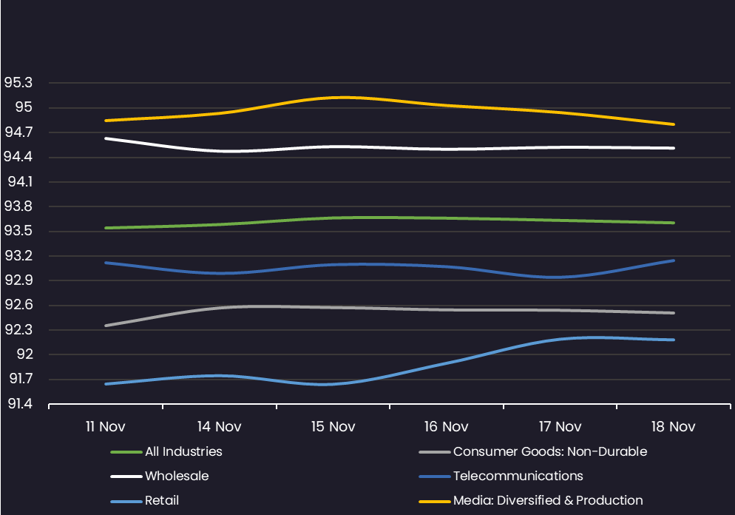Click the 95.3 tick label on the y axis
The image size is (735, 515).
(x=19, y=83)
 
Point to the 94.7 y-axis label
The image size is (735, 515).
(x=19, y=132)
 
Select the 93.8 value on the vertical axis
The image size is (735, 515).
(x=19, y=206)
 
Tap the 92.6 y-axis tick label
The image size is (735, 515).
(x=19, y=306)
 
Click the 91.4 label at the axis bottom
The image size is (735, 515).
(x=19, y=404)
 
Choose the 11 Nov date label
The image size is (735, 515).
(x=106, y=427)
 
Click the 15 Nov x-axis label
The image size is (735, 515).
(x=333, y=427)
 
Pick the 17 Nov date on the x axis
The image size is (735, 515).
(x=560, y=427)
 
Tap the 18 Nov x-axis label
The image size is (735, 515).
(x=674, y=427)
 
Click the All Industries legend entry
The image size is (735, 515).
(x=183, y=451)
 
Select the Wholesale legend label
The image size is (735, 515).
(x=177, y=476)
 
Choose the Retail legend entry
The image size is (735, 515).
(x=162, y=500)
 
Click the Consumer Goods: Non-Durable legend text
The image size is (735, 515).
(x=549, y=451)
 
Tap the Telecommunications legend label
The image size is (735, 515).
(x=518, y=476)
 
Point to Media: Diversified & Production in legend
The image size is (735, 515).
(x=548, y=500)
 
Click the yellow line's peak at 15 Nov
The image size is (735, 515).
(x=343, y=97)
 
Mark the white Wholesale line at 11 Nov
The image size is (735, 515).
(x=106, y=138)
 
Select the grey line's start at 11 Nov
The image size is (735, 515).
(x=106, y=326)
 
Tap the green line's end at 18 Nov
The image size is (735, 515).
(x=674, y=223)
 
